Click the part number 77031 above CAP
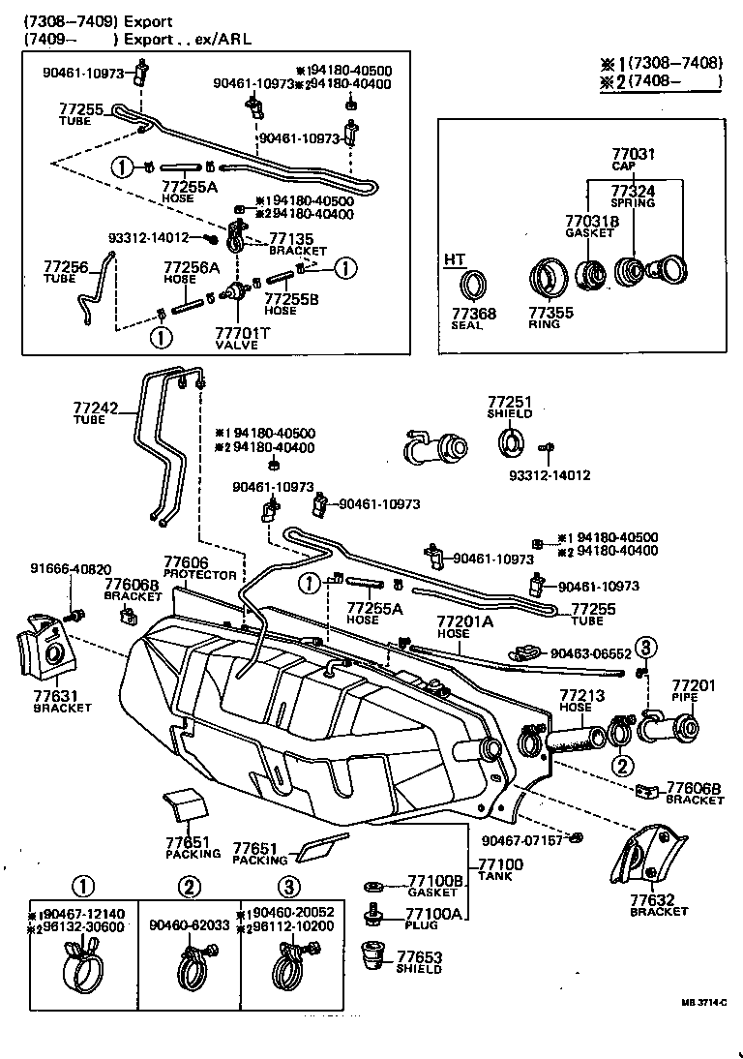tap(634, 154)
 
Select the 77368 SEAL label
tap(473, 318)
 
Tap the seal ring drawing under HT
tap(473, 286)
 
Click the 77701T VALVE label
tap(236, 338)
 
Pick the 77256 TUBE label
tap(66, 271)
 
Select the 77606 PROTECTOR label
tap(198, 568)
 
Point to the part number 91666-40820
tap(70, 569)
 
